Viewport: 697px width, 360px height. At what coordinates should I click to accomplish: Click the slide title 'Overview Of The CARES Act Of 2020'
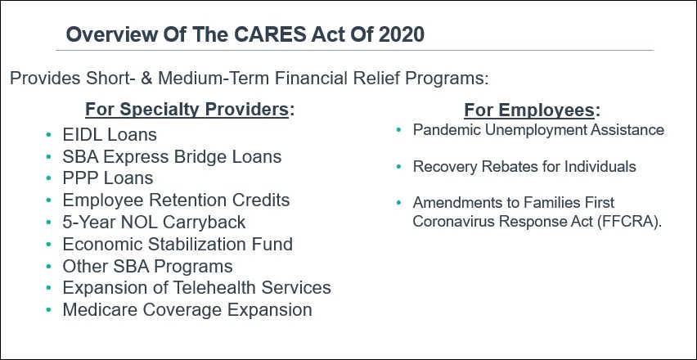tap(245, 34)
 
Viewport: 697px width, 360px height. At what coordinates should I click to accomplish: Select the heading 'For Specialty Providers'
tap(187, 110)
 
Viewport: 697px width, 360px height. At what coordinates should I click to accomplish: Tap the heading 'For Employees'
tap(530, 110)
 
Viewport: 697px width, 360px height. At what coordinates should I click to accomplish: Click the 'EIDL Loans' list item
tap(110, 134)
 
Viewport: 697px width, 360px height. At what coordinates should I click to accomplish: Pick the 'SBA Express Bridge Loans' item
tap(172, 156)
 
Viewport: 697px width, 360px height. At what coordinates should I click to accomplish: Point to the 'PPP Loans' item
tap(107, 178)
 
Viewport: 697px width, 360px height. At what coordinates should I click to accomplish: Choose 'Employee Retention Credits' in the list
tap(176, 200)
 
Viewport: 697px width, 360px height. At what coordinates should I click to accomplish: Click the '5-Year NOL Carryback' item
tap(154, 223)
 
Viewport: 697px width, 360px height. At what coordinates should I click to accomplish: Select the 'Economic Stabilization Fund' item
tap(178, 245)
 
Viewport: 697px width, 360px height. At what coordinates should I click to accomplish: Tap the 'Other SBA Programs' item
tap(147, 267)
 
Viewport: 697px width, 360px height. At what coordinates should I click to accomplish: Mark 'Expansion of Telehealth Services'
tap(196, 288)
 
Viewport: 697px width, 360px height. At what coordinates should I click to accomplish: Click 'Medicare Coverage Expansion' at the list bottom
tap(187, 310)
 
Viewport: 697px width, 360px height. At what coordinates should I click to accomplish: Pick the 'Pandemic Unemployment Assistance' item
tap(538, 130)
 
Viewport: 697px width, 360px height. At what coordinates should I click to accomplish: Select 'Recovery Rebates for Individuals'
tap(524, 167)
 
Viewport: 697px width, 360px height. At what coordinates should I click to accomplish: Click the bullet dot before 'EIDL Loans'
tap(50, 134)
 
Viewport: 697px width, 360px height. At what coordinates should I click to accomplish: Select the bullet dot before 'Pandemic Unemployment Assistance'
tap(398, 130)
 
